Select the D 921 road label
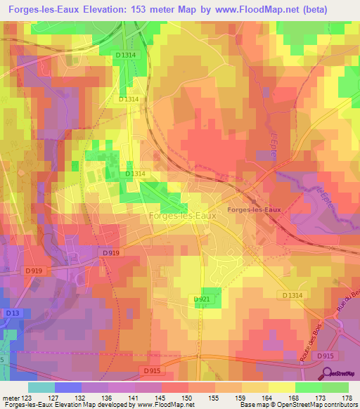pyautogui.click(x=202, y=299)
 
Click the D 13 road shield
pyautogui.click(x=11, y=313)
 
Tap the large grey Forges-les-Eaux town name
pyautogui.click(x=182, y=216)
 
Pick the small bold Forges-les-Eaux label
pyautogui.click(x=253, y=209)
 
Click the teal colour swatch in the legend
pyautogui.click(x=41, y=387)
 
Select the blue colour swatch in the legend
pyautogui.click(x=67, y=387)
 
